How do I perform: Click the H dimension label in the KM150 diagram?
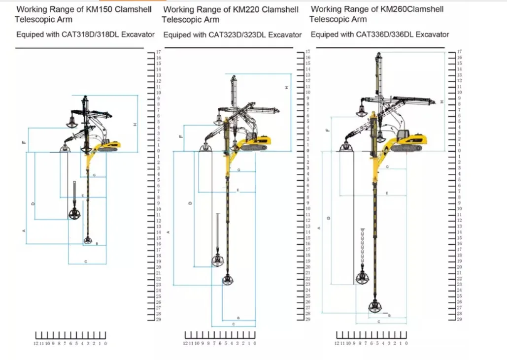[x=135, y=125]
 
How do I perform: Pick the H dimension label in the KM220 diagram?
[x=286, y=87]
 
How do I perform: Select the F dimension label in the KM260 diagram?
[x=328, y=130]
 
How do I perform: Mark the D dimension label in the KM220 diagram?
[x=191, y=203]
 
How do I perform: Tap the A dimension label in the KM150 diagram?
[x=24, y=230]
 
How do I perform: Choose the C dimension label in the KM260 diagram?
[x=378, y=321]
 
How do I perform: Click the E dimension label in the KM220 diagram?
[x=238, y=190]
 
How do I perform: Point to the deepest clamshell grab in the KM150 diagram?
[x=87, y=240]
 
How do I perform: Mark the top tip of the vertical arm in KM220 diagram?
[x=233, y=76]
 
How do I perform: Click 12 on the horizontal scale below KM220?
[x=185, y=343]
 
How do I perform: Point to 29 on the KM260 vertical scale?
[x=460, y=320]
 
